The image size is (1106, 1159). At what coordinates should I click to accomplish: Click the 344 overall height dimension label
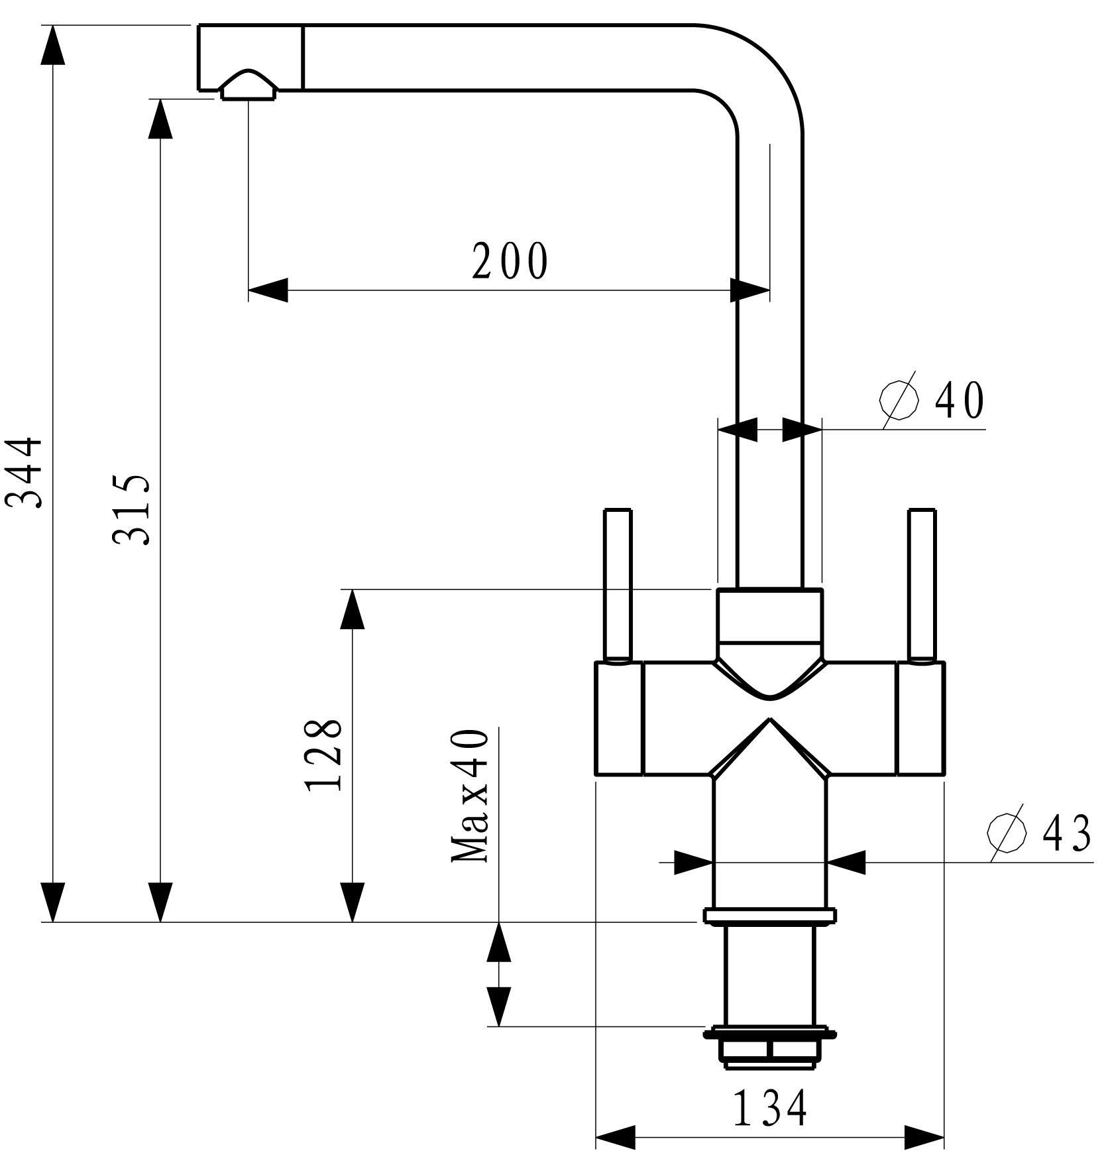[x=25, y=472]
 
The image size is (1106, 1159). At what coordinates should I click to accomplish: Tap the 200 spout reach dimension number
[x=510, y=261]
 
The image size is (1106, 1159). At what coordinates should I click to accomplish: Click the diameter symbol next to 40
[x=899, y=400]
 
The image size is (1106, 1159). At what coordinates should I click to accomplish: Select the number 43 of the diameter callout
[x=1066, y=833]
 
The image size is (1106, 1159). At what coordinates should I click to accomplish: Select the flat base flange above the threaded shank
[x=770, y=916]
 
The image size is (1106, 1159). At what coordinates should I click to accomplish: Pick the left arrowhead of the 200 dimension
[x=268, y=290]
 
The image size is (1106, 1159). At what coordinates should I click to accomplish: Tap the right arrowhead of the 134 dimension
[x=924, y=1137]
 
